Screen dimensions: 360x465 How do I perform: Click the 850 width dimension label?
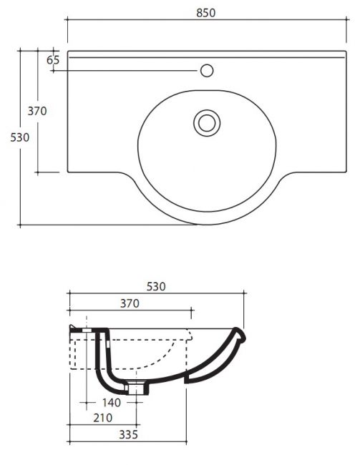pyautogui.click(x=205, y=13)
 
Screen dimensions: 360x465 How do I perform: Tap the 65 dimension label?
pyautogui.click(x=53, y=60)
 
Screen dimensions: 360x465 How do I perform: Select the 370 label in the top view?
pyautogui.click(x=37, y=111)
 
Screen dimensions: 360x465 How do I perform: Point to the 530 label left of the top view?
pyautogui.click(x=20, y=137)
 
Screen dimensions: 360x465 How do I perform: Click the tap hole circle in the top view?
pyautogui.click(x=207, y=71)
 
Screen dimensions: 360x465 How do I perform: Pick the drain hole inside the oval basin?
pyautogui.click(x=207, y=123)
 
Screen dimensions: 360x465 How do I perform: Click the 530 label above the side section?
pyautogui.click(x=156, y=286)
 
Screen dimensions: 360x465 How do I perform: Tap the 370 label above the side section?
pyautogui.click(x=130, y=303)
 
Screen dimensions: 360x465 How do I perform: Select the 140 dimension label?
pyautogui.click(x=112, y=403)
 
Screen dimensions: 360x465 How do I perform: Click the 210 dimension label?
pyautogui.click(x=103, y=418)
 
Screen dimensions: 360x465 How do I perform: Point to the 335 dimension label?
pyautogui.click(x=129, y=435)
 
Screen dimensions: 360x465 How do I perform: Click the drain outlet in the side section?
pyautogui.click(x=136, y=388)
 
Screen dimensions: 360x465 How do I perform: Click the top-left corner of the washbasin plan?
pyautogui.click(x=68, y=51)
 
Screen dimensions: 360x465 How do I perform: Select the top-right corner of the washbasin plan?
pyautogui.click(x=346, y=51)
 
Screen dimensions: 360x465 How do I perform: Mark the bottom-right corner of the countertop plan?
pyautogui.click(x=346, y=172)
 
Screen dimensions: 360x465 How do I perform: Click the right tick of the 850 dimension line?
pyautogui.click(x=346, y=19)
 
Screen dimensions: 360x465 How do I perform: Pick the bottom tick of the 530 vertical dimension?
pyautogui.click(x=20, y=225)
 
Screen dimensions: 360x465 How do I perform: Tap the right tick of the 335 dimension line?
pyautogui.click(x=186, y=442)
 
